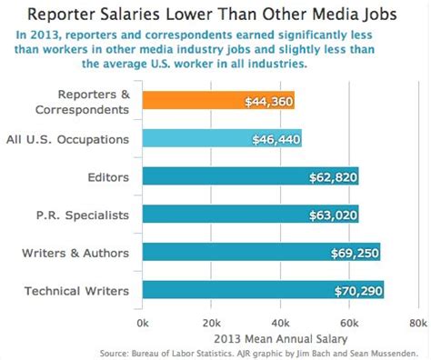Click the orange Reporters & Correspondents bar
point(218,102)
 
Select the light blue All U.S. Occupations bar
point(222,139)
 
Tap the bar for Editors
point(250,177)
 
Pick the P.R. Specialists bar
point(250,215)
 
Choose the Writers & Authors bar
point(261,253)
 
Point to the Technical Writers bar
point(263,290)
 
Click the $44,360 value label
point(268,102)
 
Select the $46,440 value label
point(276,139)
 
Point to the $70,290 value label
point(356,290)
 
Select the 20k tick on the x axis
point(211,322)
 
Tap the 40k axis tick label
point(280,322)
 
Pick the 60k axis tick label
point(349,322)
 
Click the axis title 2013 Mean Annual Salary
point(280,336)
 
